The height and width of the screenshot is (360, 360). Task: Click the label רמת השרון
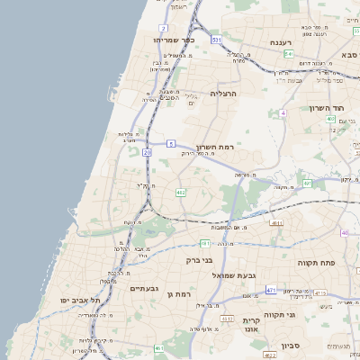tap(213, 146)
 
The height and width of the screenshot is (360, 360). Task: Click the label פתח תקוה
tap(315, 262)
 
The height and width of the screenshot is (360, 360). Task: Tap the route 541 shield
tap(288, 54)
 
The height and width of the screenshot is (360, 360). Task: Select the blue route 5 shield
tap(171, 144)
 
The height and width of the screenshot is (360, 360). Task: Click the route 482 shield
tap(181, 192)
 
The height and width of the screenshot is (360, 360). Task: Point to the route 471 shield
tap(271, 289)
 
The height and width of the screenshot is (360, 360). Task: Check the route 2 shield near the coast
tap(163, 29)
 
